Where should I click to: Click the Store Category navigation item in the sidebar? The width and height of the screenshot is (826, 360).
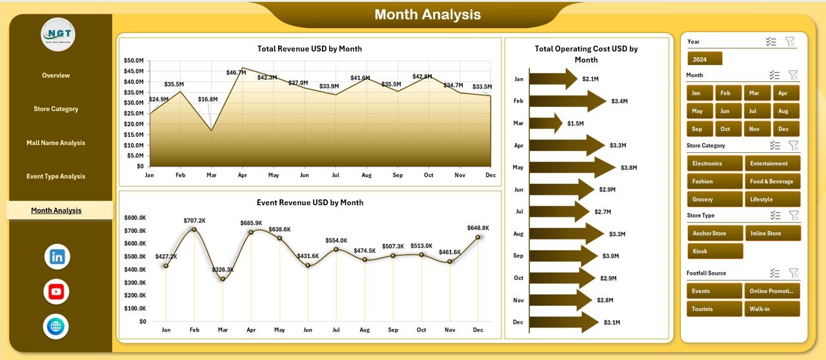(56, 109)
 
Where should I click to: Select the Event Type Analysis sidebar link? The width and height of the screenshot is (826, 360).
(56, 176)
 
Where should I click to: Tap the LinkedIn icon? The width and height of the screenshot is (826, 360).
(57, 257)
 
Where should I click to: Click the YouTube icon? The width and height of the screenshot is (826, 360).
(57, 292)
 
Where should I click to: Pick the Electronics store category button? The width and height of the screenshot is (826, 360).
(714, 163)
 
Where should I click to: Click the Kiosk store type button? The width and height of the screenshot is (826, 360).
(715, 251)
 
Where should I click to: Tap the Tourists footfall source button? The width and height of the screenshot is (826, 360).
(714, 309)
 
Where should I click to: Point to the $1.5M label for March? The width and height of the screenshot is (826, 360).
(576, 123)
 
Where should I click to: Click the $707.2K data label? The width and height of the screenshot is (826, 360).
(194, 220)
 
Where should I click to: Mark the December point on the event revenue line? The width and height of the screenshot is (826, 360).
(478, 237)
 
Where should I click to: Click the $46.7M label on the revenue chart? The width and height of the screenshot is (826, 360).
(236, 73)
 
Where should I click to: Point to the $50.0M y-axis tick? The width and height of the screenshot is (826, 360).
(134, 61)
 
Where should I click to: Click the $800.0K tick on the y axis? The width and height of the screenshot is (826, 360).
(135, 217)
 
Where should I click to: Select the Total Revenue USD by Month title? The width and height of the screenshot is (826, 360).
(309, 48)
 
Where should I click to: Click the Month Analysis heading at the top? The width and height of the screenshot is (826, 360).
(428, 14)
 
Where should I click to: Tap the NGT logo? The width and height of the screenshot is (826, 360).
(58, 34)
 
